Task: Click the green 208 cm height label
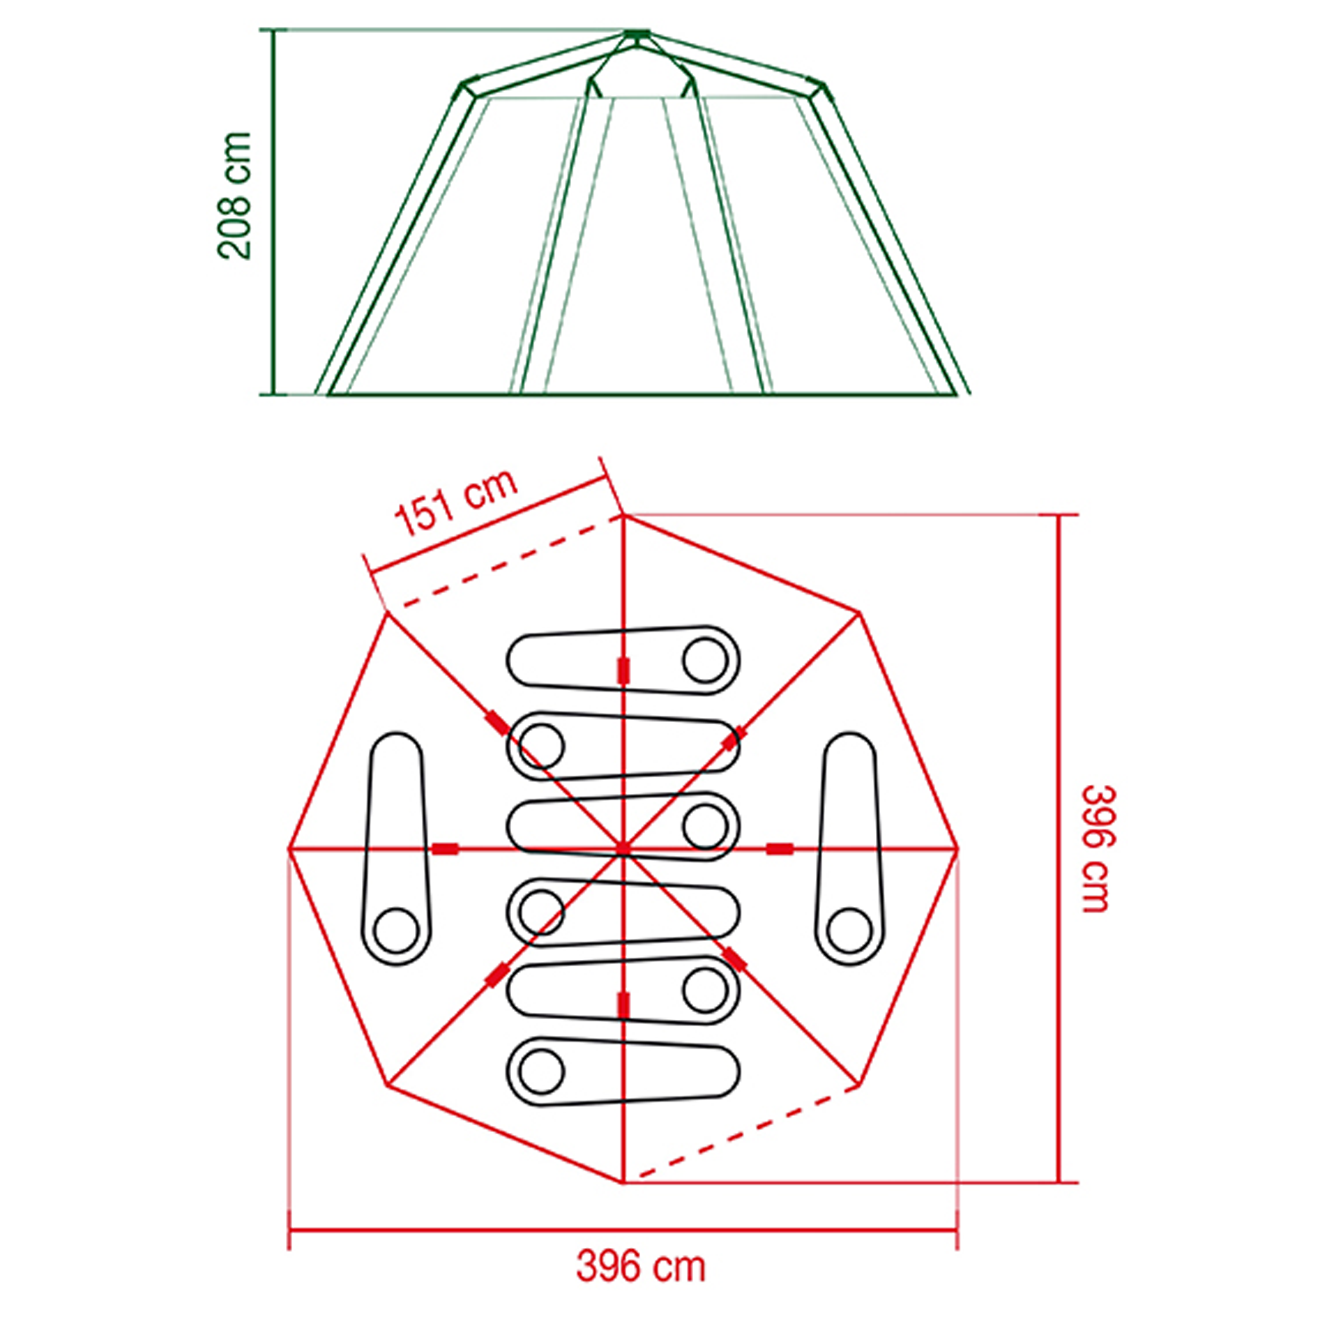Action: point(234,196)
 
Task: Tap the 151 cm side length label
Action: point(456,503)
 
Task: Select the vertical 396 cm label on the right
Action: point(1098,849)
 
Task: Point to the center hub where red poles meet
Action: point(623,848)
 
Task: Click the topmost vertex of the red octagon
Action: point(623,516)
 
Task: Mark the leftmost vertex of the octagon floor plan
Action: point(289,849)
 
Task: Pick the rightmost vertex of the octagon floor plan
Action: point(957,848)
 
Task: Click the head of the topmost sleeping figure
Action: point(705,661)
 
